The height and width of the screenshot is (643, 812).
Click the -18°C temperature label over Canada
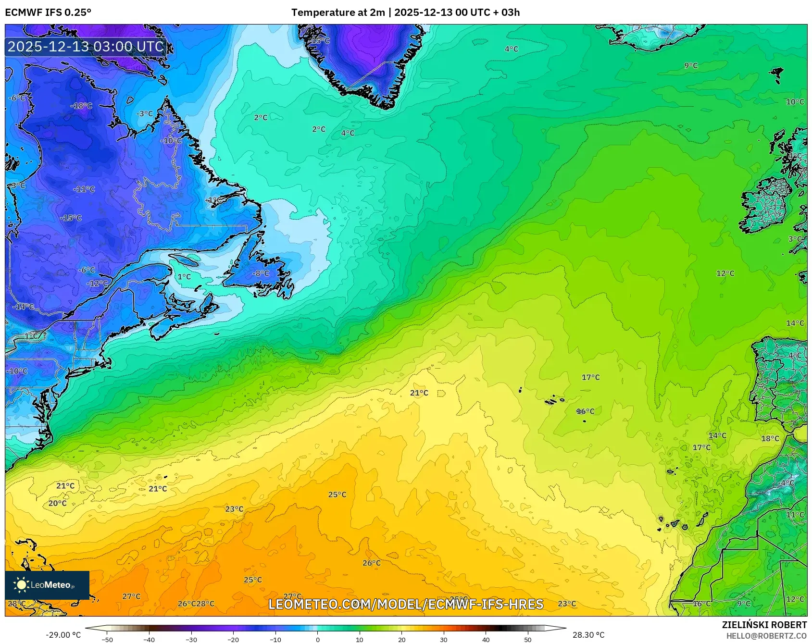[81, 106]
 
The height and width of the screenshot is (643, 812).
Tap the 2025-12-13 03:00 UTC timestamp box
[86, 47]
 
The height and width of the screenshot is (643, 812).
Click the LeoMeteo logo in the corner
[47, 585]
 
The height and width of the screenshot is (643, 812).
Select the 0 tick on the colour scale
[317, 639]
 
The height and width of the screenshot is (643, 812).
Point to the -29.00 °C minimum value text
[63, 635]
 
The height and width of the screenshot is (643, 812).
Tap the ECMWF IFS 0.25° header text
[48, 12]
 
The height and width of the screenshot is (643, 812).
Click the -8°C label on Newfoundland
[262, 273]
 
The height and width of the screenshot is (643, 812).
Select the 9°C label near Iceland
[691, 65]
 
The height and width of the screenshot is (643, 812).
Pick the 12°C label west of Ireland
[725, 273]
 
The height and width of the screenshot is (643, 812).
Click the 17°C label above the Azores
[590, 377]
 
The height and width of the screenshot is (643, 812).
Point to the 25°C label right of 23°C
[337, 495]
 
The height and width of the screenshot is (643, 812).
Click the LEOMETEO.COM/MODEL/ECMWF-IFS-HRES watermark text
[406, 604]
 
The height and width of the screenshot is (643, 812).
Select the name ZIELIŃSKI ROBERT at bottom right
[764, 625]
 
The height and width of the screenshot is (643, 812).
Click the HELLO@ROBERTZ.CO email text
[766, 636]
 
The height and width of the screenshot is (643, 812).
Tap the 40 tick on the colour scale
[486, 639]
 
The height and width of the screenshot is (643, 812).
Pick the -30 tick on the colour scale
[191, 639]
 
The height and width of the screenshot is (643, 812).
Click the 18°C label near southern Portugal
[770, 438]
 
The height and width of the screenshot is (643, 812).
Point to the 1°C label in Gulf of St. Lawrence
[184, 277]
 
